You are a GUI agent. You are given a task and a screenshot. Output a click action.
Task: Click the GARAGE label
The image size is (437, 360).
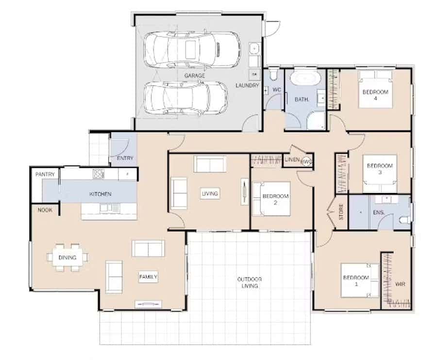click(x=195, y=76)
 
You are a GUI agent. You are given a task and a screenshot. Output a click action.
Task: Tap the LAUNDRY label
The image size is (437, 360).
click(x=247, y=85)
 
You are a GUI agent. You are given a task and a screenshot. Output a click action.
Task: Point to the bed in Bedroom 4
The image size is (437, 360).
click(x=375, y=89)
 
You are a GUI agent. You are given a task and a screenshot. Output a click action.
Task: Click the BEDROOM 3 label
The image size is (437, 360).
click(x=380, y=169)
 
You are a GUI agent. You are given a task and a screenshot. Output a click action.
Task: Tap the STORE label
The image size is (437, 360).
click(x=341, y=212)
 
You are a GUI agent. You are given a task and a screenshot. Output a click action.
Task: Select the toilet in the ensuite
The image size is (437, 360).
click(x=405, y=220)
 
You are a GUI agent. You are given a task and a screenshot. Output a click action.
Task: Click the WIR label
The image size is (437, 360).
click(x=400, y=284)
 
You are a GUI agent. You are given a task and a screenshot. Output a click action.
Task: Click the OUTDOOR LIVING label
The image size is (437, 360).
click(x=250, y=282)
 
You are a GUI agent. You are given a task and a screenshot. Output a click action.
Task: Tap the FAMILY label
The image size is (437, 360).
click(x=148, y=277)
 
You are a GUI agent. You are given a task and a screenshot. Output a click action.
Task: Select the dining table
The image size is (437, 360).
click(x=67, y=258)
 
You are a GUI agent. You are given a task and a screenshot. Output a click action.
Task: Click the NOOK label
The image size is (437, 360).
click(x=45, y=210)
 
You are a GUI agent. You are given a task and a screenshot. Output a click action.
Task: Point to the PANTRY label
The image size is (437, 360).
click(x=45, y=174)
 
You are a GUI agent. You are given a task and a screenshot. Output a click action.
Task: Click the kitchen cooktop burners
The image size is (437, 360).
click(x=99, y=174)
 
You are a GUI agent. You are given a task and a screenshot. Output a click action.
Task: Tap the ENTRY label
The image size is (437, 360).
click(x=125, y=158)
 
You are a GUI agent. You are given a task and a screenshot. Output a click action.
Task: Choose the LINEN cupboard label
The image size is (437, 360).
click(x=292, y=160)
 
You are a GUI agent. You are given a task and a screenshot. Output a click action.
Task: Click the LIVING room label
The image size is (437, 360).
click(x=210, y=194)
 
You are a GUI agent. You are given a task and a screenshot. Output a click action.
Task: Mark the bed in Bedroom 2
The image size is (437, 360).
click(x=271, y=199)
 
